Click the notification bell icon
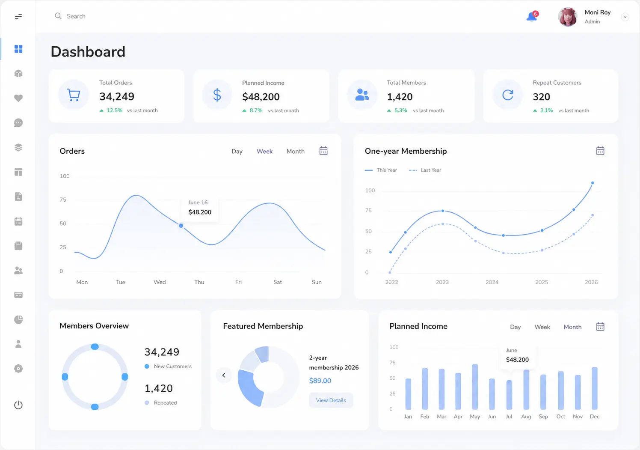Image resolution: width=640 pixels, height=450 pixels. coord(532,17)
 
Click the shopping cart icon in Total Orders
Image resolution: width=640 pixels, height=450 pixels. coord(74,95)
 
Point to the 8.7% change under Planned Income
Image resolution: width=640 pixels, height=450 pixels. coord(256,110)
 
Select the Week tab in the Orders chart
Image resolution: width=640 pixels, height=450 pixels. coord(264,151)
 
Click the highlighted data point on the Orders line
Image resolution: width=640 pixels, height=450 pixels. coord(181,226)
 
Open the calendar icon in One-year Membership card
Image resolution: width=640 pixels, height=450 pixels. coord(600,151)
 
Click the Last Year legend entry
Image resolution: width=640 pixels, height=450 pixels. coord(425,170)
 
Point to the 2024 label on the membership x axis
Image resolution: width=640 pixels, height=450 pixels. coord(492,282)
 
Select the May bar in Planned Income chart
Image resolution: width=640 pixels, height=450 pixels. coord(475,387)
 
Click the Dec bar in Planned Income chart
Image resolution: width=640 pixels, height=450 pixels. coord(595,388)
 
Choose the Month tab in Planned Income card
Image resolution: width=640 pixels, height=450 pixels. coord(572,327)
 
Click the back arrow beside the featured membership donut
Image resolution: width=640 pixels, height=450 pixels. coord(224,375)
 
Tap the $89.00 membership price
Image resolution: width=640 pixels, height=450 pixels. coord(320,381)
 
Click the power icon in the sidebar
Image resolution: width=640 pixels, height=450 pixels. coord(18,405)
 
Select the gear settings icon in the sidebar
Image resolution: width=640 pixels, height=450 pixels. coord(18,369)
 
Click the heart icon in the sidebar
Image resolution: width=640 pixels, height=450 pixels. coord(18,98)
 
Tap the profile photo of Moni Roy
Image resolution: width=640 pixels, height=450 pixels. coord(568,17)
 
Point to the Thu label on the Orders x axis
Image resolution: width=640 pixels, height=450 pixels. coord(199,282)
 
